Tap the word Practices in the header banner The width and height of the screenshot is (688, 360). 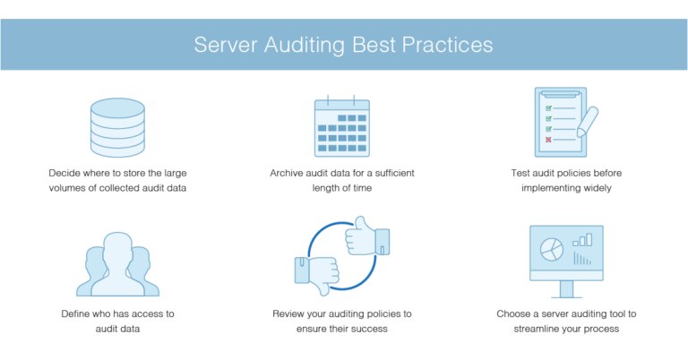pos(447,45)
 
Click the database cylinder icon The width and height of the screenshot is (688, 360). pos(117,127)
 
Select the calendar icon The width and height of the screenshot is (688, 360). pos(342,126)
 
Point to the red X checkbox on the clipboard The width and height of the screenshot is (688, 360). pos(548,140)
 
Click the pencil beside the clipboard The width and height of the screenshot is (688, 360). pos(588,122)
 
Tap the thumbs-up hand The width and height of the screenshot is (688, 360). pos(366,236)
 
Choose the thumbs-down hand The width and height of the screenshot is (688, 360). pos(317,275)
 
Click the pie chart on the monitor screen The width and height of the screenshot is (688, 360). pos(552,250)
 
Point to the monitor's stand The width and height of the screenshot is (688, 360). pos(566,290)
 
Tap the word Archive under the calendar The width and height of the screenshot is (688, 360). pos(286,173)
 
